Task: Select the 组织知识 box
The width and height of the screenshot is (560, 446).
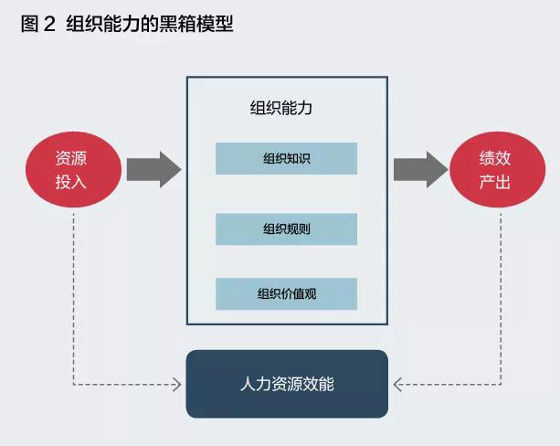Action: coord(286,159)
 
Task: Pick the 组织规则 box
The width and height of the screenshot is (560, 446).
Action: coord(286,228)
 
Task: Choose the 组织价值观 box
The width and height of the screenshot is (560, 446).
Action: coord(286,294)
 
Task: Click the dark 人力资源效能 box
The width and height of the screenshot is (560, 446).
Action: coord(287,384)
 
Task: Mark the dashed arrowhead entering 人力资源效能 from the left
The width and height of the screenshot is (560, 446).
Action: coord(178,384)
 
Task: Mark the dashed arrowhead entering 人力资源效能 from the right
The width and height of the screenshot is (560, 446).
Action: coord(396,384)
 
